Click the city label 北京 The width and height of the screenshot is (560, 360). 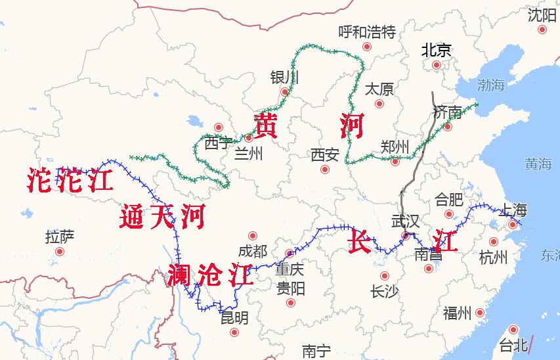(437, 50)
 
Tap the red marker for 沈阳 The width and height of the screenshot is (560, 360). (542, 30)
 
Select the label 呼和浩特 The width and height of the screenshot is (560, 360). (367, 32)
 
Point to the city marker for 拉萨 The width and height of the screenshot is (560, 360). (60, 252)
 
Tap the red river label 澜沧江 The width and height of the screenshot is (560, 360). (210, 274)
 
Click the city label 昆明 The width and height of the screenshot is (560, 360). (234, 318)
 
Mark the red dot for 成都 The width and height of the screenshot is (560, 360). (253, 236)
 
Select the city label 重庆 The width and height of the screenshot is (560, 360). (290, 269)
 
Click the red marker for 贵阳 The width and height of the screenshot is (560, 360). (291, 303)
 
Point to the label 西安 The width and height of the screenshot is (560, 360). (325, 155)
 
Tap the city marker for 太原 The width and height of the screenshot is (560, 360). (379, 104)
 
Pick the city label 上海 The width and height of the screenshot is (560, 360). (513, 210)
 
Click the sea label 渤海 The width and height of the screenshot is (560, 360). (491, 84)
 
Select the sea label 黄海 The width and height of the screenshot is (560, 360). (538, 164)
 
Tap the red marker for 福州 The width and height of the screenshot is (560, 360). (480, 313)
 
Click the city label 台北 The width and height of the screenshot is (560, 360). (513, 344)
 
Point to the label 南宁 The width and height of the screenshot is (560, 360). (316, 351)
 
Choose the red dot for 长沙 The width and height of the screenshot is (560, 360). (384, 277)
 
